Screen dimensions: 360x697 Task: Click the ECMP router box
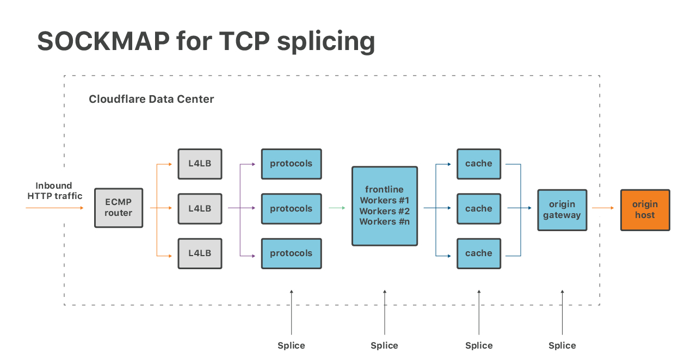coord(119,208)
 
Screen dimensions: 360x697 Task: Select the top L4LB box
coord(200,164)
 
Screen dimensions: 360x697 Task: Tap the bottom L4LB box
coord(200,253)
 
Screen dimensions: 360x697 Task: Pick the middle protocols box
coord(291,209)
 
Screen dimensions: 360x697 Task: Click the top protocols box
coord(291,164)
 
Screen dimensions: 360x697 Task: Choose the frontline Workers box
coord(385,206)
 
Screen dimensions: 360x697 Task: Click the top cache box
coord(479,164)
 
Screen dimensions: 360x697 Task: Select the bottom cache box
coord(479,253)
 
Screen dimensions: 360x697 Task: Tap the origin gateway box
coord(562,210)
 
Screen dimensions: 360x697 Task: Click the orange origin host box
coord(645,210)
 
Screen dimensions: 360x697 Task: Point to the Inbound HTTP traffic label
coord(54,191)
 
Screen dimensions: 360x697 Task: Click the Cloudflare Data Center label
coord(151,100)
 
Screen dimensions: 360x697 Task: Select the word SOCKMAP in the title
coord(102,41)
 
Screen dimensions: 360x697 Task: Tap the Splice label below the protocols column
coord(291,346)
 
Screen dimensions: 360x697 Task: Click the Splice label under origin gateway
coord(562,346)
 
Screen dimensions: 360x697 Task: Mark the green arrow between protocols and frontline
coord(337,208)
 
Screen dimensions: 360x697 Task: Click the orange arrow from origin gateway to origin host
coord(603,208)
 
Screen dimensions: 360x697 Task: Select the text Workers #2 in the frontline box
coord(385,211)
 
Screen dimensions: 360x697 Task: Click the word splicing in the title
coord(326,41)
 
